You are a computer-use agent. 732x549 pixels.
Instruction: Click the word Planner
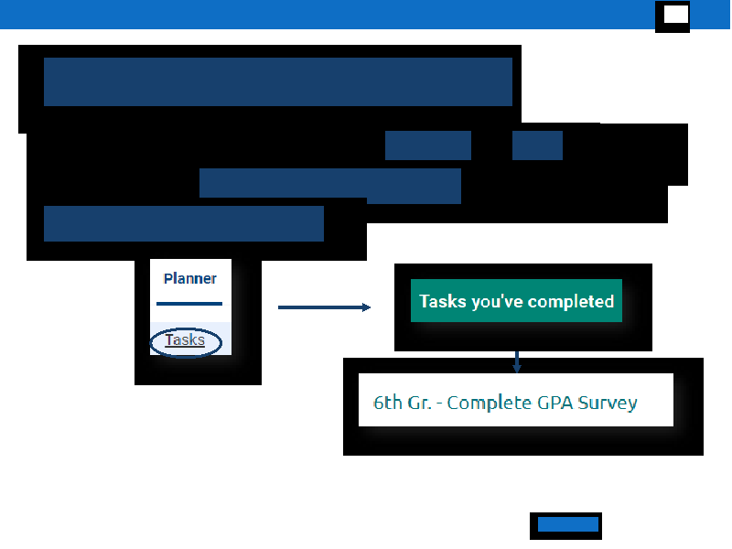click(189, 279)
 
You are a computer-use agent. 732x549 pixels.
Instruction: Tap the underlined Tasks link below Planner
click(185, 339)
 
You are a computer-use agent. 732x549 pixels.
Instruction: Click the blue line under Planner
click(189, 304)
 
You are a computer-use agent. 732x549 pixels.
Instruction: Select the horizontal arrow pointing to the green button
click(324, 307)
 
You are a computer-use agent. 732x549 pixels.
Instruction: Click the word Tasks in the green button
click(443, 301)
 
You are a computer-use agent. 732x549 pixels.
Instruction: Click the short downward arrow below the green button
click(516, 361)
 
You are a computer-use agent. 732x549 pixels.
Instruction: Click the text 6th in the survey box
click(388, 403)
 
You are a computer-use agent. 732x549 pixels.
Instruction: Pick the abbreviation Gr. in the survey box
click(419, 403)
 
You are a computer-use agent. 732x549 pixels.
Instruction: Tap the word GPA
click(555, 403)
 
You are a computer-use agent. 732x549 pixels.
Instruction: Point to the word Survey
click(608, 404)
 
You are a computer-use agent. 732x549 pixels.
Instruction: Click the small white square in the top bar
click(676, 15)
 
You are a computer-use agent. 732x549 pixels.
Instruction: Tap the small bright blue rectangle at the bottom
click(568, 524)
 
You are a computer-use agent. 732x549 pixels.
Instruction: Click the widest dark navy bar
click(278, 81)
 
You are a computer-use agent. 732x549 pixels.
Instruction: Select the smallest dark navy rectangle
click(537, 145)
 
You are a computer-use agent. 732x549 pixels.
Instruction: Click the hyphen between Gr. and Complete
click(439, 404)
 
